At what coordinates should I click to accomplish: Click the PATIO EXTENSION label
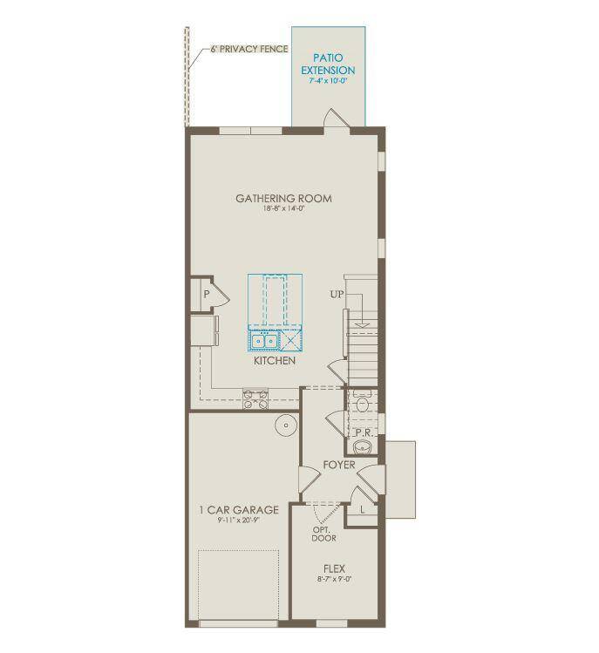click(328, 63)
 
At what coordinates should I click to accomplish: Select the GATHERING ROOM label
click(283, 199)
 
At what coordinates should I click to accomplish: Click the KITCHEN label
click(275, 360)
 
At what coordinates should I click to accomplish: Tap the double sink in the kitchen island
click(264, 341)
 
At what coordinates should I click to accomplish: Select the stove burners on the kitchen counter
click(255, 398)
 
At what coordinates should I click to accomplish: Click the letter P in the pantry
click(207, 295)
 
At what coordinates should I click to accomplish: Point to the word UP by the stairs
click(337, 295)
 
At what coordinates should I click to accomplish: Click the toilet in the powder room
click(364, 402)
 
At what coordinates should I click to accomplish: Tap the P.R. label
click(364, 432)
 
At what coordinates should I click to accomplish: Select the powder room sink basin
click(364, 448)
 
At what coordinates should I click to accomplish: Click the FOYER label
click(338, 465)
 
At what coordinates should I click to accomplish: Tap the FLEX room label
click(334, 568)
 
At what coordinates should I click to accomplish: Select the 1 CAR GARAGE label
click(238, 509)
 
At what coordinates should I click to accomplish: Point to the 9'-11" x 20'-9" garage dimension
click(238, 520)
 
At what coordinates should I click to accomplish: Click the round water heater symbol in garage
click(285, 425)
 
